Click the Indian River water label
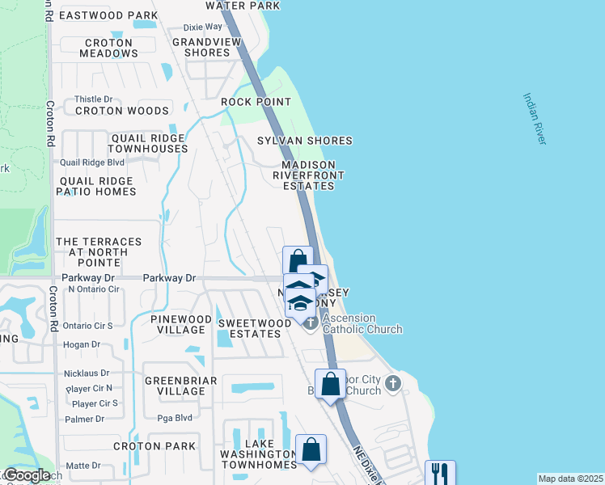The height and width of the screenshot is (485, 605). coord(535,119)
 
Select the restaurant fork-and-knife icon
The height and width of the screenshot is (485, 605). coord(440,473)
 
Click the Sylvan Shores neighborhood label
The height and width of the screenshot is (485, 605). coord(305,141)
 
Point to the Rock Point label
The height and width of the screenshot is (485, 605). coord(256,102)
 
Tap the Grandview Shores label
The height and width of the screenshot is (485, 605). coord(201,47)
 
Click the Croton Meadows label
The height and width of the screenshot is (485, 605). coord(108,48)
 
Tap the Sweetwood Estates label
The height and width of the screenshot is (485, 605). coord(255,328)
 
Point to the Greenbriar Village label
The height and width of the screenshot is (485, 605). coord(175,386)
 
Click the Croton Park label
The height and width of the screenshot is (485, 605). coord(154,446)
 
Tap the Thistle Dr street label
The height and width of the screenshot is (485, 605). coord(93,99)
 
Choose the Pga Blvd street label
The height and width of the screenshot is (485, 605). coord(173,418)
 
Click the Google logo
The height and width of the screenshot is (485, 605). coord(27,475)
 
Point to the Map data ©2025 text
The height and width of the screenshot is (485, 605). coord(570,479)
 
